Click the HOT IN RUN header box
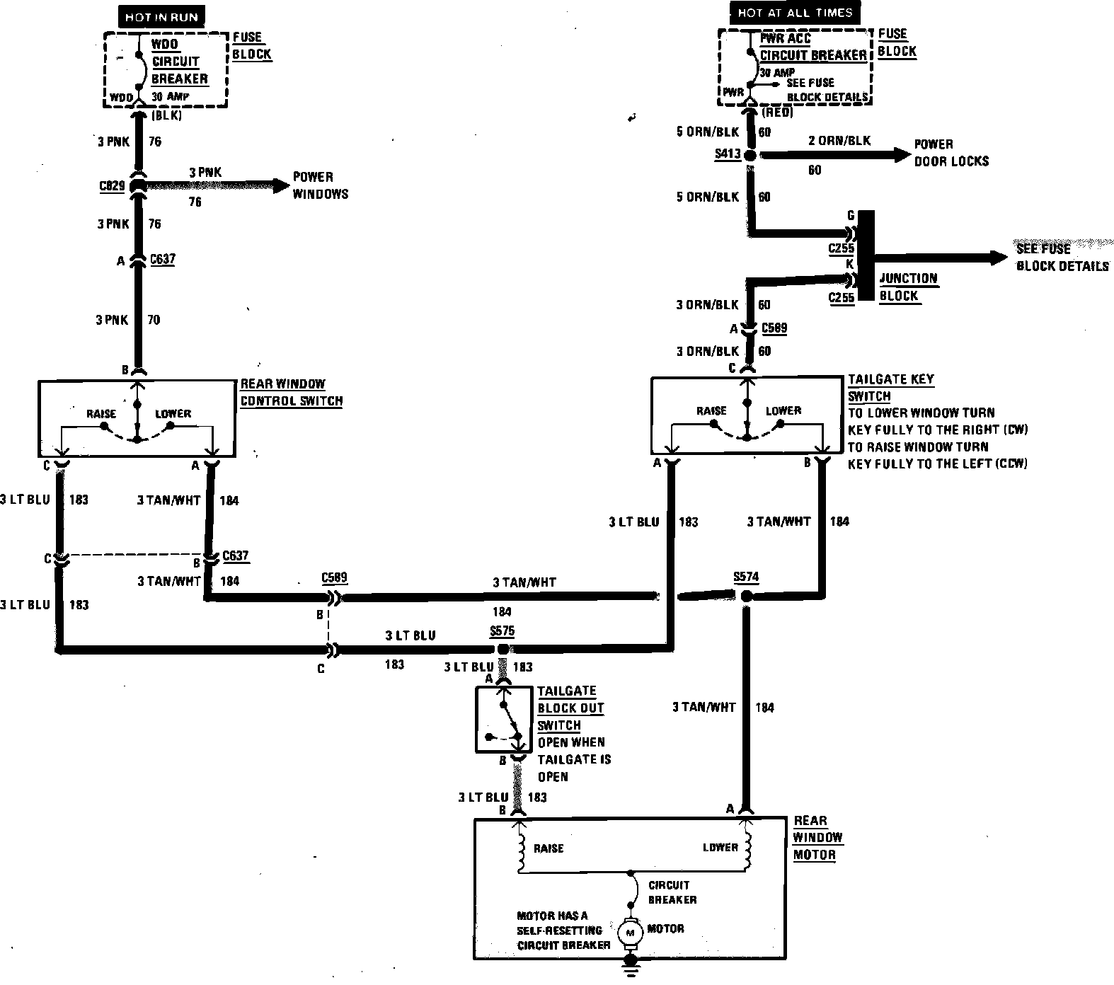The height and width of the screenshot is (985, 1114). click(x=161, y=16)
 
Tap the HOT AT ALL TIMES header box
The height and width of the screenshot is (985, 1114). click(x=794, y=13)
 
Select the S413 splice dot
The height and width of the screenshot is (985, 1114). click(x=750, y=155)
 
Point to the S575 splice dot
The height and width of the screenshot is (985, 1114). click(x=503, y=648)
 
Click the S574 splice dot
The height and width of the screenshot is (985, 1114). click(x=746, y=597)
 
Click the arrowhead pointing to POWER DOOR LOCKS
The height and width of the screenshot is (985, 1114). click(x=902, y=154)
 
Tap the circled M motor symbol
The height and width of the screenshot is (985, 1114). click(x=628, y=933)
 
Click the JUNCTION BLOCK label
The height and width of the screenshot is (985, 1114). click(x=908, y=287)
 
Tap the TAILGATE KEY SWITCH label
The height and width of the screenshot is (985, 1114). click(x=890, y=387)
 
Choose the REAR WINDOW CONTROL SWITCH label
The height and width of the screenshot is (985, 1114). click(x=291, y=392)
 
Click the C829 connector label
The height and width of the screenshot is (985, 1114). click(x=113, y=186)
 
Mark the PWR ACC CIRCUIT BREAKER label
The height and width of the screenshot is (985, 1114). click(x=813, y=47)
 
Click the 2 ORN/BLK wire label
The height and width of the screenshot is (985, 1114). click(x=839, y=140)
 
